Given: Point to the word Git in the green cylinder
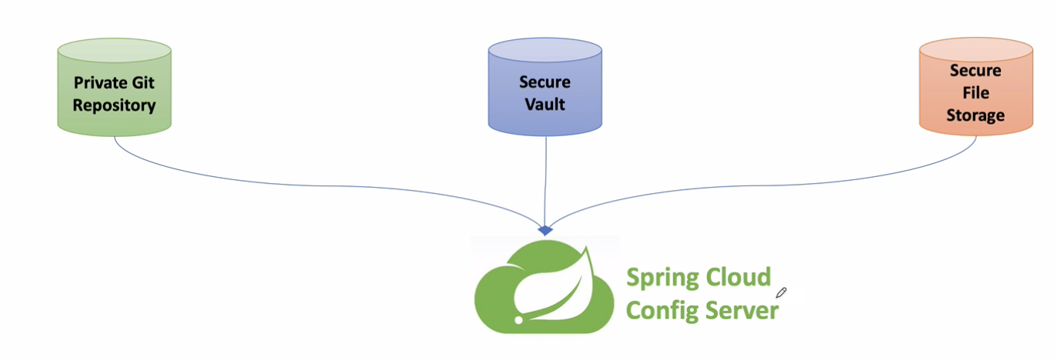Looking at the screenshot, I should tap(142, 82).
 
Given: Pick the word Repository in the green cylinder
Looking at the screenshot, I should tap(114, 105).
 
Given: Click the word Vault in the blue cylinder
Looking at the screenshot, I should tap(545, 104).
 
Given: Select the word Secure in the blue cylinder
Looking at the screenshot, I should tap(545, 82).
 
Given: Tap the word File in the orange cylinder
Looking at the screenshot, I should tap(975, 93).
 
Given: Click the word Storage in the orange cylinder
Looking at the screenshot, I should tap(975, 115).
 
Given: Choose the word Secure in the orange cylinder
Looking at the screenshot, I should tap(975, 71).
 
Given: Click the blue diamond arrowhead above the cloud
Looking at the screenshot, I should tap(545, 230).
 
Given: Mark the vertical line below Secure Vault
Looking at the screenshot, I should tap(545, 177).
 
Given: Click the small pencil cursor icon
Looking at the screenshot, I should tap(782, 292).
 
